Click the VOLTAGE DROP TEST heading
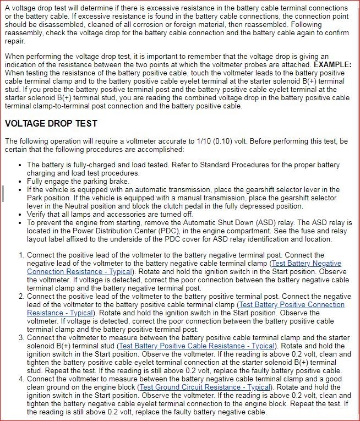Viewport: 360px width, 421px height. coord(51,123)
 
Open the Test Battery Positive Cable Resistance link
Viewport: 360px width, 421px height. coord(197,346)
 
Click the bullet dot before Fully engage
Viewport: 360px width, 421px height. coord(20,182)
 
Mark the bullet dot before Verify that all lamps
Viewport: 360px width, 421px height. coord(20,215)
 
